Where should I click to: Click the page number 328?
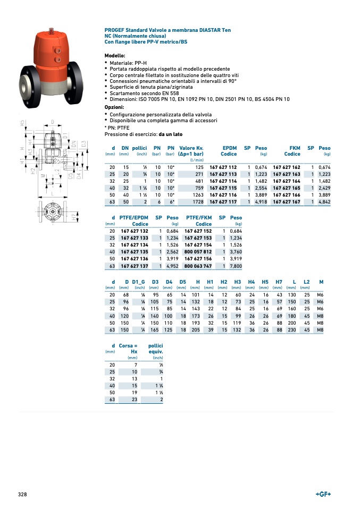tap(22, 494)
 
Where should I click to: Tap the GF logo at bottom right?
tap(323, 494)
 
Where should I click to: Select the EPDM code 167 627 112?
tap(223, 167)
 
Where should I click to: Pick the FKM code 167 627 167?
tap(286, 202)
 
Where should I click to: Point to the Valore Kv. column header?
tap(191, 148)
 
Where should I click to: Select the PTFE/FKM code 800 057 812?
tap(198, 252)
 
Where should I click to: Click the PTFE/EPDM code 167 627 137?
tap(134, 266)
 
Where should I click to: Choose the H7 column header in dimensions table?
tap(279, 281)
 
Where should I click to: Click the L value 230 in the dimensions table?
tap(292, 329)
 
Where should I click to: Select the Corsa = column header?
tap(128, 346)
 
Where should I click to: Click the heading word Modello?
tap(115, 56)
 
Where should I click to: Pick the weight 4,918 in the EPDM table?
tap(261, 202)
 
